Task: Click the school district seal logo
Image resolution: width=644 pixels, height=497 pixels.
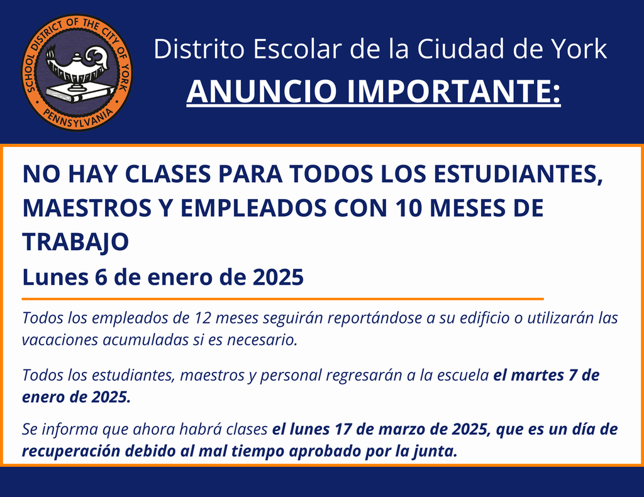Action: tap(76, 72)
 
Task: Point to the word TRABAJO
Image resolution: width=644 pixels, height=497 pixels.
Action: tap(75, 242)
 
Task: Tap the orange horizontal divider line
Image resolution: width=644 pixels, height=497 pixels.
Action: tap(282, 299)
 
